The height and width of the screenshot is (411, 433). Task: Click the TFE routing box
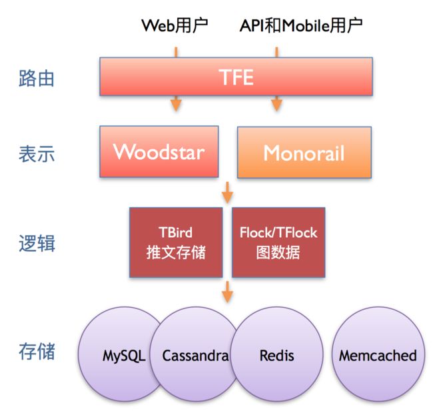pyautogui.click(x=236, y=77)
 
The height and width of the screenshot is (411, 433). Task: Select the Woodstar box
pyautogui.click(x=159, y=151)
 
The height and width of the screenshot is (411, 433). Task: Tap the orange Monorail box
pyautogui.click(x=304, y=152)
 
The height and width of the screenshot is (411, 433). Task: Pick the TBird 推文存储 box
pyautogui.click(x=176, y=242)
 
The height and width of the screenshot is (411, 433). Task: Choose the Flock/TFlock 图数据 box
pyautogui.click(x=278, y=242)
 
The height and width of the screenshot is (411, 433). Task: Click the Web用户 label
pyautogui.click(x=175, y=25)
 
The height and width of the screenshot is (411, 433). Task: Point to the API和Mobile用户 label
pyautogui.click(x=301, y=25)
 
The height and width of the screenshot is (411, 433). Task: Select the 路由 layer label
pyautogui.click(x=37, y=79)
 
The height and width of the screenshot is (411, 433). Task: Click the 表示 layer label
pyautogui.click(x=37, y=154)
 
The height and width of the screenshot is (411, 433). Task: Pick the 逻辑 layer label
pyautogui.click(x=37, y=243)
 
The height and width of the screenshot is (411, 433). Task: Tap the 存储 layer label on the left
pyautogui.click(x=37, y=351)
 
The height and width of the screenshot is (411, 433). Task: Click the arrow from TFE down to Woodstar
pyautogui.click(x=176, y=103)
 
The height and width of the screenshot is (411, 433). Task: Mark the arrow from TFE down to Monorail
pyautogui.click(x=276, y=103)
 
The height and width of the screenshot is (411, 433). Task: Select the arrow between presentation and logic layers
pyautogui.click(x=227, y=193)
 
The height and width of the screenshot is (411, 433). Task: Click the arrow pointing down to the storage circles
pyautogui.click(x=227, y=292)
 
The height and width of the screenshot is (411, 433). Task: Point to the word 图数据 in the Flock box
pyautogui.click(x=278, y=252)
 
